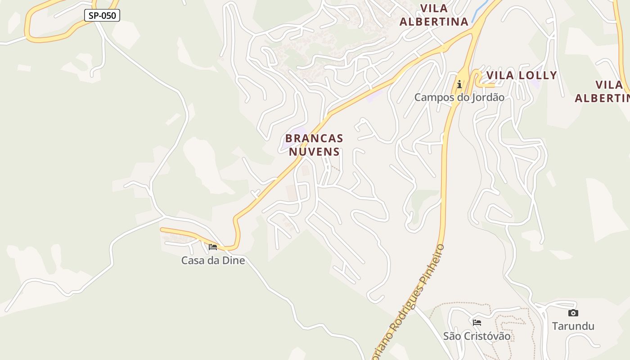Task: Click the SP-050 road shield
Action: click(102, 15)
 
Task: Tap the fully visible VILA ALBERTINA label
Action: click(434, 15)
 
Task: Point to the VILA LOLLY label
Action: click(522, 75)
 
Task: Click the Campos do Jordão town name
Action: click(459, 97)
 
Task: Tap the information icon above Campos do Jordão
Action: click(459, 84)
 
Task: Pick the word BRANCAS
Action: click(314, 138)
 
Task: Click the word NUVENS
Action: click(314, 152)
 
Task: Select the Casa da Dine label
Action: click(213, 260)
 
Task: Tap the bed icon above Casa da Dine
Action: click(213, 247)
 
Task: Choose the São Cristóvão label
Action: click(477, 336)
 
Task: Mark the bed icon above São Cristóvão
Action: click(477, 322)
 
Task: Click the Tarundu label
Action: click(573, 326)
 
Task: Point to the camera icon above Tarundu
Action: click(573, 313)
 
